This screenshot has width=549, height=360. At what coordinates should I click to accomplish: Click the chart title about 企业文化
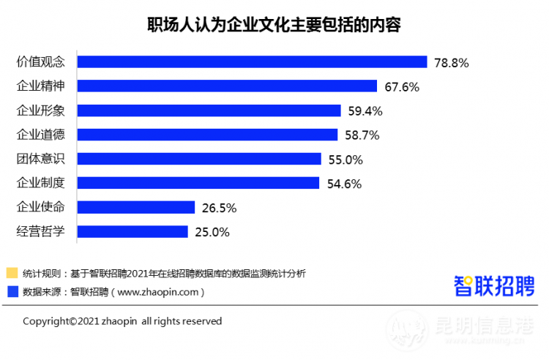point(274,24)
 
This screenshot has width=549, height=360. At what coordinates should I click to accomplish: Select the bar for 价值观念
point(252,62)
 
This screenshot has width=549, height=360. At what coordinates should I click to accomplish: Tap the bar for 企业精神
point(227,86)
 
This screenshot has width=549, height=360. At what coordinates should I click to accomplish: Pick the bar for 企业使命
point(135,207)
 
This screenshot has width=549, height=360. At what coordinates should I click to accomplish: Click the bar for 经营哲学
point(132,232)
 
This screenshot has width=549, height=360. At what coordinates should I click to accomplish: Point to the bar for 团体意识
point(199,159)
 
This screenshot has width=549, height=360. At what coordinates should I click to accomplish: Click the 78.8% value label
point(451,63)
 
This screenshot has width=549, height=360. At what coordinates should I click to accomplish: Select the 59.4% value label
point(365,111)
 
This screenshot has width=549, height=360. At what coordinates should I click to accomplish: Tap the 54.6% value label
point(344,184)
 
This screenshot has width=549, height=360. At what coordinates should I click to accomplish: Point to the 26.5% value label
point(219,208)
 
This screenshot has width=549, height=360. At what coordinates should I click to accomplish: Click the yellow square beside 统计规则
point(12,274)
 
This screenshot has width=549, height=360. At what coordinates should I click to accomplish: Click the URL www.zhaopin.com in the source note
point(157,292)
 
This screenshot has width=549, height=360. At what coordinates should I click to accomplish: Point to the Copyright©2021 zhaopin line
point(122,321)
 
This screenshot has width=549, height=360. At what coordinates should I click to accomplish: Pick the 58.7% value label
point(362,135)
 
